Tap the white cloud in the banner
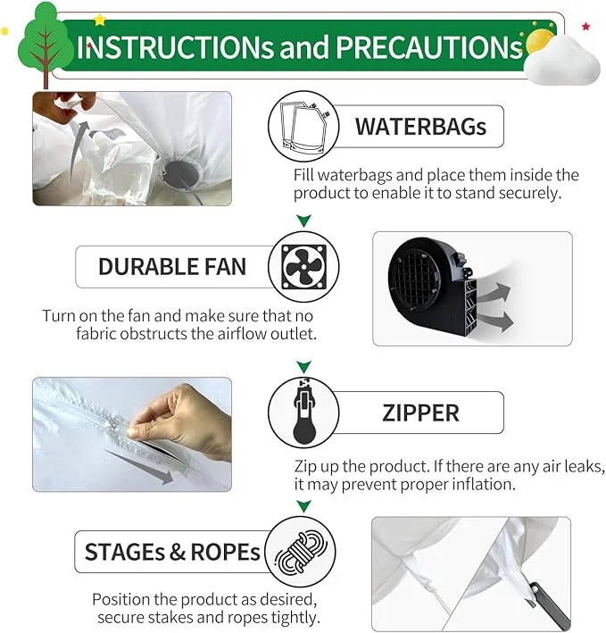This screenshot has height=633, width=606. (564, 62)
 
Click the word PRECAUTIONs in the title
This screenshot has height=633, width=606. (429, 47)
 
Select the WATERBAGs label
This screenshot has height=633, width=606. (421, 127)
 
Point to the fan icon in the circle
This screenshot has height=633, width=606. (303, 267)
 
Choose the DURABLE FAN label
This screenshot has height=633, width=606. (172, 267)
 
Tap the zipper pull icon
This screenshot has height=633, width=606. (304, 411)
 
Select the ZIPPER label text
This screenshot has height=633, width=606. (420, 413)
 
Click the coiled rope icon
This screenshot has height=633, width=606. (301, 552)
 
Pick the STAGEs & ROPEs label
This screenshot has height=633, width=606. (172, 552)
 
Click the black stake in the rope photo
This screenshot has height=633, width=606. (550, 604)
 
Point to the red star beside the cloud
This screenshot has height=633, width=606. (585, 27)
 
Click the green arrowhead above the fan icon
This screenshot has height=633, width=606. (303, 221)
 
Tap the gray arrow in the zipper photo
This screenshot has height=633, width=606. (139, 466)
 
